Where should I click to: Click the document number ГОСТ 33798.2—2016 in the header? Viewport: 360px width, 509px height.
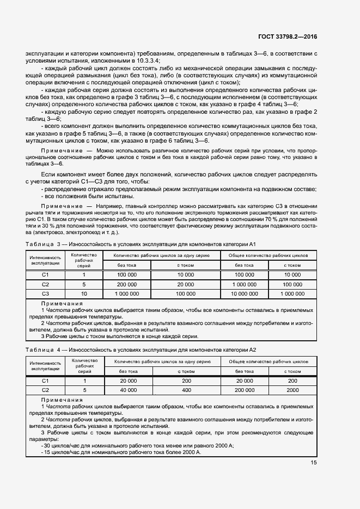click(x=288, y=37)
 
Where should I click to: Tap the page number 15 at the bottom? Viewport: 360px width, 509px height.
click(x=314, y=463)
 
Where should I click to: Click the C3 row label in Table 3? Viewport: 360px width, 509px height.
click(x=46, y=293)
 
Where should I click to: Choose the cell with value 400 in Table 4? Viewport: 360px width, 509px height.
click(x=186, y=390)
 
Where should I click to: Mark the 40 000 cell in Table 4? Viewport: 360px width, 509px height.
click(x=128, y=390)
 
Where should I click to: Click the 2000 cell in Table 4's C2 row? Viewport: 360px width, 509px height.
click(x=292, y=390)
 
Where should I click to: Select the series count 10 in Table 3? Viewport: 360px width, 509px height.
click(x=84, y=293)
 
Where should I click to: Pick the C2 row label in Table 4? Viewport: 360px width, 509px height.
click(x=46, y=390)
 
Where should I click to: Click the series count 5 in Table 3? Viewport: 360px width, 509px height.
click(x=84, y=284)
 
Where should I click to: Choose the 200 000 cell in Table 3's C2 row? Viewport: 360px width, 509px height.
click(x=127, y=284)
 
